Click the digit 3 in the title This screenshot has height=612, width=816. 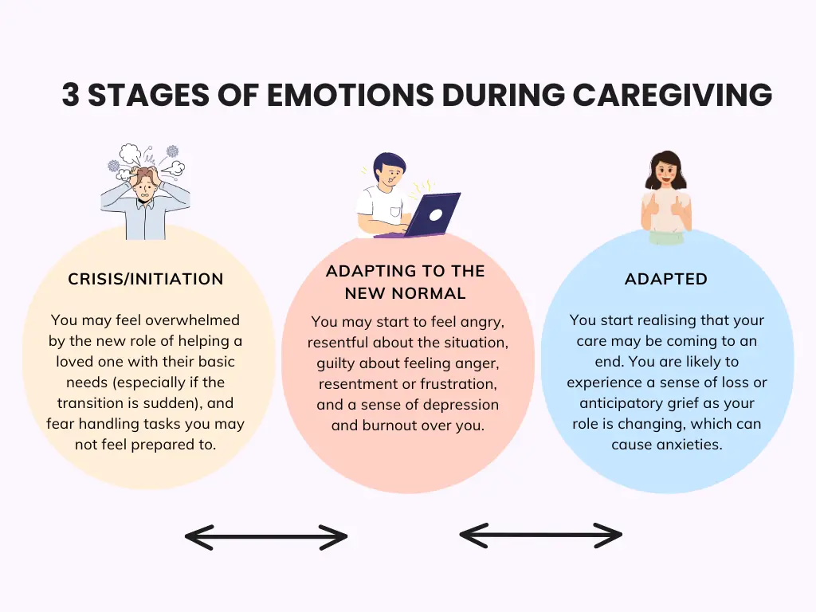click(x=71, y=95)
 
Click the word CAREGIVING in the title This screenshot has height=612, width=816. click(x=673, y=95)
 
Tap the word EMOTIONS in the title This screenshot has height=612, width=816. click(x=350, y=95)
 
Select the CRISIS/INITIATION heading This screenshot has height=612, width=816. click(x=146, y=279)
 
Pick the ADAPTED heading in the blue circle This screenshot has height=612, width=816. click(x=666, y=279)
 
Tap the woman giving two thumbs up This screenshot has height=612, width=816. click(x=666, y=198)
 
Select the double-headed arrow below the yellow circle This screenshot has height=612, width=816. click(x=266, y=536)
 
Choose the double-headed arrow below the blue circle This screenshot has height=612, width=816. click(x=541, y=535)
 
